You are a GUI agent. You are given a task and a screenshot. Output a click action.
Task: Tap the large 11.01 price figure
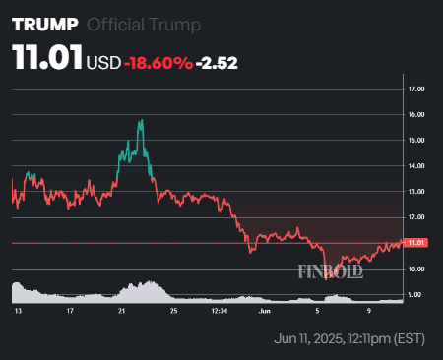click(46, 60)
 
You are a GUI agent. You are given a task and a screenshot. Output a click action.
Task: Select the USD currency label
click(103, 63)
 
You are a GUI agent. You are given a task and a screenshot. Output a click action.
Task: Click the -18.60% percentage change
click(158, 63)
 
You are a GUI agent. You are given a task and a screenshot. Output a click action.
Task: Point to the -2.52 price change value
click(218, 63)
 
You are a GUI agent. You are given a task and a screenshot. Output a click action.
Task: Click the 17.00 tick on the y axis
click(415, 89)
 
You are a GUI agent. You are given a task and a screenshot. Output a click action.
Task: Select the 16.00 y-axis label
click(415, 114)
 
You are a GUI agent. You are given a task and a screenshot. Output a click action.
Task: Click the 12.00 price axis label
click(415, 216)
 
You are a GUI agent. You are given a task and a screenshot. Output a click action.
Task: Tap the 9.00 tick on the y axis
click(415, 294)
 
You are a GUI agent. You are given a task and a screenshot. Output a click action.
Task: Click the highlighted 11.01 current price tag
click(415, 242)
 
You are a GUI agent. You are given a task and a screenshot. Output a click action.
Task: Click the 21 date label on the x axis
click(120, 311)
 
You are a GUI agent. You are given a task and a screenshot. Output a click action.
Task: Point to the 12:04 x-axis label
click(220, 311)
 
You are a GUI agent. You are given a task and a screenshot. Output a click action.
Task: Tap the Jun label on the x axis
click(263, 311)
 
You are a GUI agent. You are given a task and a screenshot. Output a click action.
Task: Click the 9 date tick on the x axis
click(368, 311)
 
